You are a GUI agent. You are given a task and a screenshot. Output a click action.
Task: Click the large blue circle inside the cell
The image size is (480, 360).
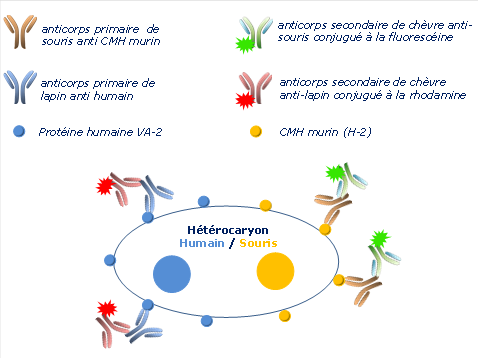pos(172,274)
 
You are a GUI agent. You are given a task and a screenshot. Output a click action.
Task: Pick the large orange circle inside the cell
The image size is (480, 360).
pos(274,271)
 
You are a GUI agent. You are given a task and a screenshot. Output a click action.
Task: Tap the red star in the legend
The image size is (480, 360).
pos(241,99)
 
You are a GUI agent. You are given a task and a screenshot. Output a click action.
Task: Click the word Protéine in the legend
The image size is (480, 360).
pos(57,132)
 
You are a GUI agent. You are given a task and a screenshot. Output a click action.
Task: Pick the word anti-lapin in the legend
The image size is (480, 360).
pos(308,97)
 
